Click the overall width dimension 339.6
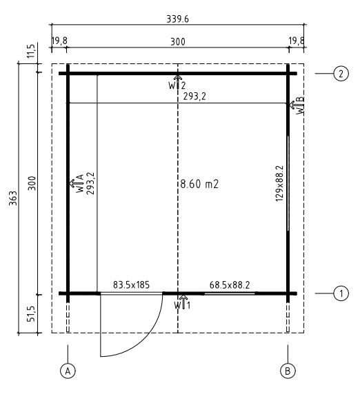click(177, 19)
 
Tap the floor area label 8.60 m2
click(199, 184)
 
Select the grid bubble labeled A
click(68, 371)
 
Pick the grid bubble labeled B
click(288, 371)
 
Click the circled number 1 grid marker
click(341, 293)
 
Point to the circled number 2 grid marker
click(341, 74)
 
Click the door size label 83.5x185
click(131, 285)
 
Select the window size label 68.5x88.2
click(230, 285)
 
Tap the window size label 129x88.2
click(279, 183)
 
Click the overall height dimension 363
click(13, 198)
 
